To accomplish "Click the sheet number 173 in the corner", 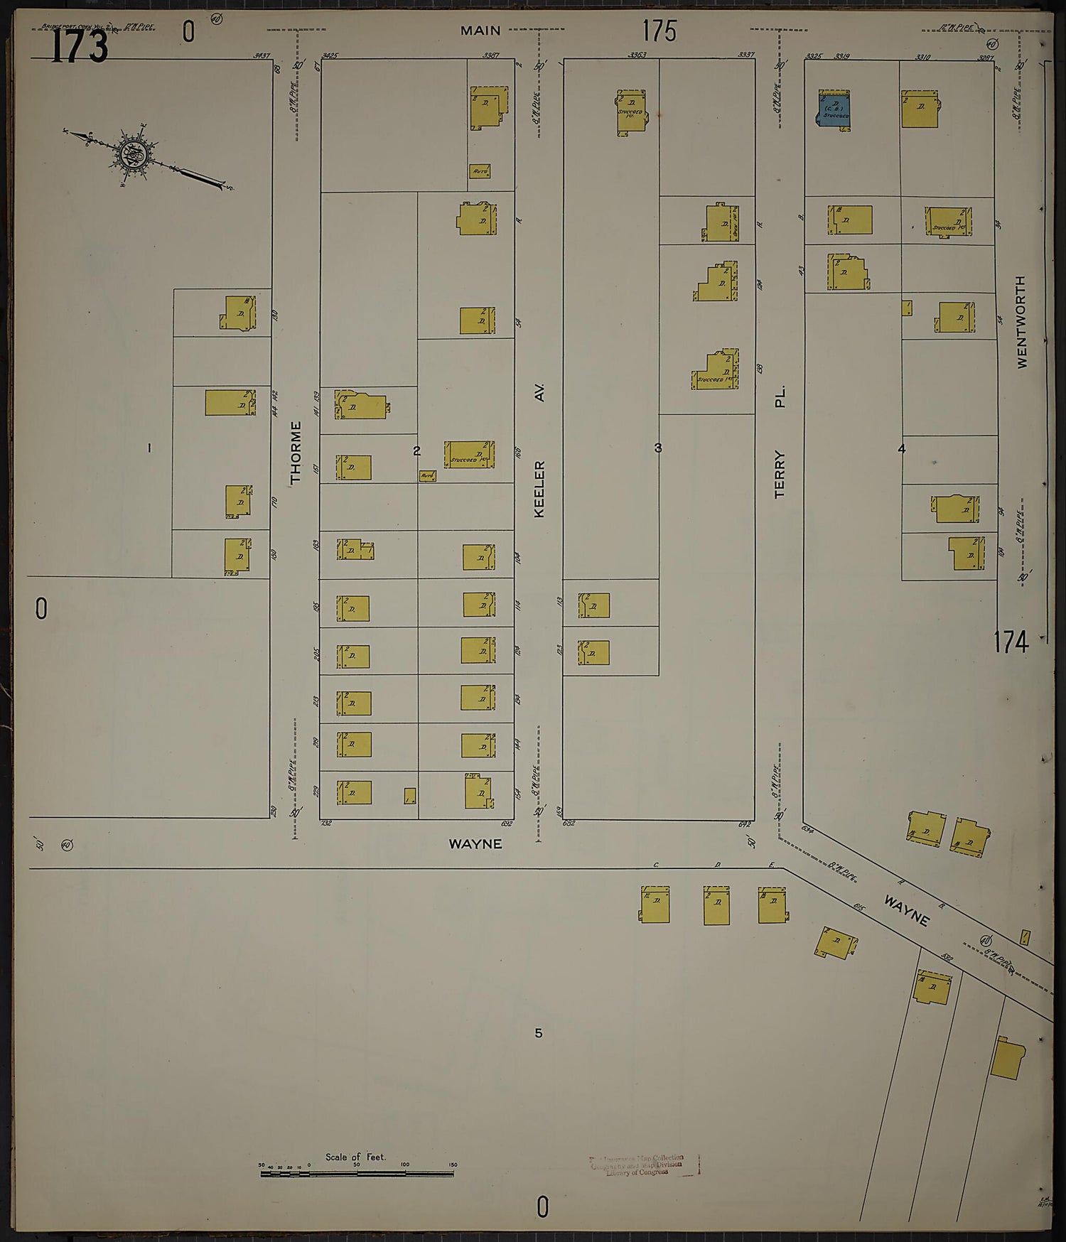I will click(x=79, y=47).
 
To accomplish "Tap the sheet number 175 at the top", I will click(x=659, y=31).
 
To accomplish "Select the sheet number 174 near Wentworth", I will click(x=1011, y=642).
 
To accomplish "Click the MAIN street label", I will click(x=480, y=31).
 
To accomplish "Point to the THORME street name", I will click(x=296, y=453).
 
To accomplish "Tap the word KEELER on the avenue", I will click(x=539, y=489).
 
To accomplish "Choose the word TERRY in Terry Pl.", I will click(x=780, y=474).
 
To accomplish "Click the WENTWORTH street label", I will click(x=1022, y=322).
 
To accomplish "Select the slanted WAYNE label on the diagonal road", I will click(x=906, y=910).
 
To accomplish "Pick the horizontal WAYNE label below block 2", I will click(x=475, y=844).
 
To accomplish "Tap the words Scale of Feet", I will click(x=355, y=1157).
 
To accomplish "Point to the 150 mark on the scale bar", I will click(x=453, y=1165).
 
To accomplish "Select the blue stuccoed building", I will click(x=834, y=110).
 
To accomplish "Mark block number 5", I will click(x=538, y=1032).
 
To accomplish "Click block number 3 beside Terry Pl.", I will click(x=658, y=448).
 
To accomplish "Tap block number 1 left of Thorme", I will click(x=149, y=448).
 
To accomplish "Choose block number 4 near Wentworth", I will click(x=902, y=449).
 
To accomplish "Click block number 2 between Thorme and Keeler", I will click(x=416, y=450).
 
